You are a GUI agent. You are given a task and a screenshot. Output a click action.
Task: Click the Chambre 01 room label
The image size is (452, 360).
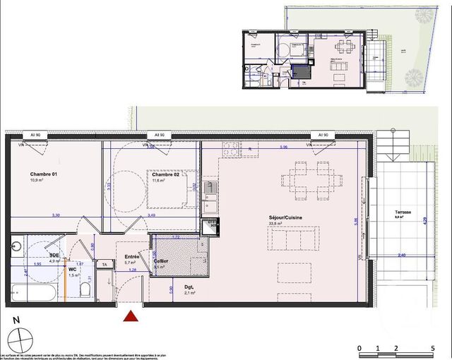tap(44, 174)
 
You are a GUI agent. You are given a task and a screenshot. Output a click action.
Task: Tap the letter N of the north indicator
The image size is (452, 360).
tap(16, 319)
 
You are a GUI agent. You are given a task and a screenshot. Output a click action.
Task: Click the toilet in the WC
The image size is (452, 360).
tap(84, 289)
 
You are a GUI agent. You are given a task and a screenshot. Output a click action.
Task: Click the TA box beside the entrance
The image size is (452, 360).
tap(105, 264)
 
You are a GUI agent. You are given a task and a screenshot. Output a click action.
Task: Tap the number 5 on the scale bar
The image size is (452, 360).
tap(432, 349)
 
